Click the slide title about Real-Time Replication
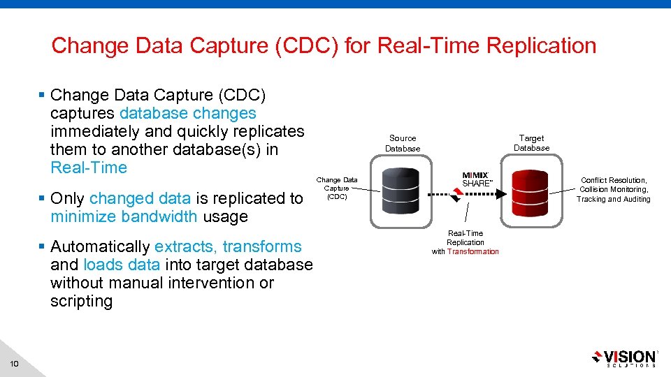tap(324, 46)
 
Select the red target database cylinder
tap(531, 193)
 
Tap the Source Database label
tap(403, 143)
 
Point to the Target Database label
tap(531, 142)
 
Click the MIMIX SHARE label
tap(477, 179)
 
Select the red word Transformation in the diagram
tap(473, 251)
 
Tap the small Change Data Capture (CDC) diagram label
tap(337, 188)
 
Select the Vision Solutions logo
tap(623, 357)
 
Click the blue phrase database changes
tap(188, 113)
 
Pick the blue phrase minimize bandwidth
tap(124, 216)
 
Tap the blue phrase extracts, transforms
tap(228, 246)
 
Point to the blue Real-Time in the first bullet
tap(89, 168)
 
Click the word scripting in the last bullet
tap(81, 301)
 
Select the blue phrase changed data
tap(140, 198)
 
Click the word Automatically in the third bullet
tap(100, 246)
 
